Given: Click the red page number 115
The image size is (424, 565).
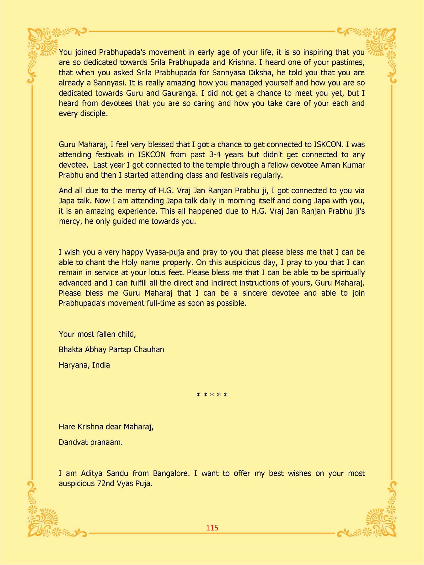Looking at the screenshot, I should (212, 528).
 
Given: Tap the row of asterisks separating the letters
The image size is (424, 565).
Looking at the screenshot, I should (212, 395).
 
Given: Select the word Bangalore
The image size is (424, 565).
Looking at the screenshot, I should (171, 473).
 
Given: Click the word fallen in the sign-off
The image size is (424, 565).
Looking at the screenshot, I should (104, 334).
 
